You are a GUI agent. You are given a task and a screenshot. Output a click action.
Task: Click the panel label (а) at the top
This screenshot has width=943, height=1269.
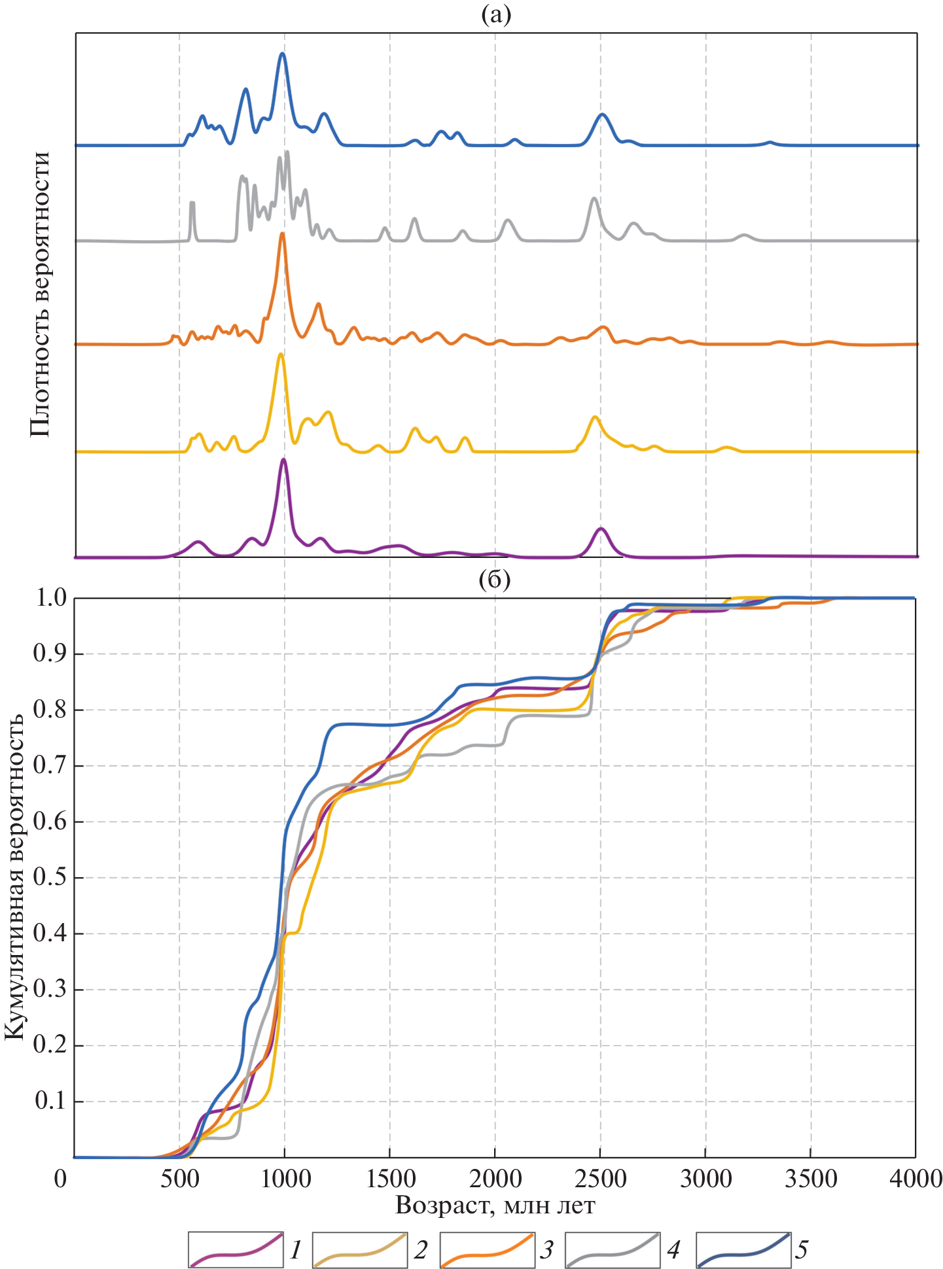point(495,14)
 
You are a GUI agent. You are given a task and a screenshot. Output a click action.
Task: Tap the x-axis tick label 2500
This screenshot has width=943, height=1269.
point(600,1179)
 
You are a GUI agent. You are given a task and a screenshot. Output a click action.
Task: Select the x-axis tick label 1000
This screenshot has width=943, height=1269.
point(285,1179)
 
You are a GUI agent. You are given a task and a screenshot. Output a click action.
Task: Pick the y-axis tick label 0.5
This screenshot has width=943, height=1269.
point(50,877)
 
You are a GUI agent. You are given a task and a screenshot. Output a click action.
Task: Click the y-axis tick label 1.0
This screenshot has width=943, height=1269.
point(50,597)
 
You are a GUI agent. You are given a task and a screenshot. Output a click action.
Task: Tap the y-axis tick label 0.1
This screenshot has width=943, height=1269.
point(50,1101)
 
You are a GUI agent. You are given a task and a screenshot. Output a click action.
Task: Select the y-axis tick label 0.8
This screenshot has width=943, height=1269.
point(50,709)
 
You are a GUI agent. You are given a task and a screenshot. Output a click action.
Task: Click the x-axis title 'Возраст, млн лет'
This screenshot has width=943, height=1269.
point(495,1204)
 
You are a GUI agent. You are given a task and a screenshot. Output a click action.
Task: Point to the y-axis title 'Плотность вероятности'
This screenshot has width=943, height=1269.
point(40,294)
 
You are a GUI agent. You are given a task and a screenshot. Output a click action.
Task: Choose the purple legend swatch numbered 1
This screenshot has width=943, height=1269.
point(236,1249)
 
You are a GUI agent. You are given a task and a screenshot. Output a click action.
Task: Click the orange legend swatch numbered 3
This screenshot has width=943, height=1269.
point(487,1249)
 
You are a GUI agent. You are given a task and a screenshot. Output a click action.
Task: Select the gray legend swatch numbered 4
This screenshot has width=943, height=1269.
point(613,1249)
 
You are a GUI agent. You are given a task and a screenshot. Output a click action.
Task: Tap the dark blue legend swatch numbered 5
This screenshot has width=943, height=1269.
point(743,1249)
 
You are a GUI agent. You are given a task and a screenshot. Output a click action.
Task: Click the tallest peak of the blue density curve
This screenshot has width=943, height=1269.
point(283,54)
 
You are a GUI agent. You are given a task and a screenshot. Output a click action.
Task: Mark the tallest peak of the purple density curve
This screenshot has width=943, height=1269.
point(283,459)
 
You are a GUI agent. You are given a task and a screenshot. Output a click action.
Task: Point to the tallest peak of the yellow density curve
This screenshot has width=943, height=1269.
point(281,354)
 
